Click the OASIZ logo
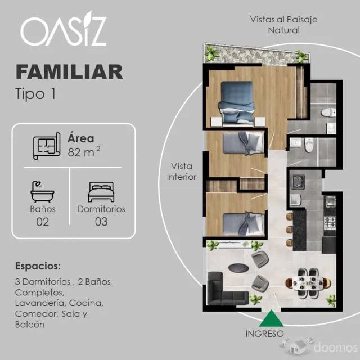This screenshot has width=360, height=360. (63, 31)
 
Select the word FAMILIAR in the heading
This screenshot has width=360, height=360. (69, 72)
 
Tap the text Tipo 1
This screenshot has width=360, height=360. (35, 93)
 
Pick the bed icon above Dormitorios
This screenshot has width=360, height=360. (101, 192)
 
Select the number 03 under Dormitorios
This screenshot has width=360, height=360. (101, 222)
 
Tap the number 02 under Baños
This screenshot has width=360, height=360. (42, 222)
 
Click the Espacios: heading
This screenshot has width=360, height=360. (38, 265)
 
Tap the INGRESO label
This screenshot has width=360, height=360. (264, 334)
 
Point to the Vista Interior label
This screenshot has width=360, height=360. (181, 172)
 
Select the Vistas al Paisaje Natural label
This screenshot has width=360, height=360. (276, 24)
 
